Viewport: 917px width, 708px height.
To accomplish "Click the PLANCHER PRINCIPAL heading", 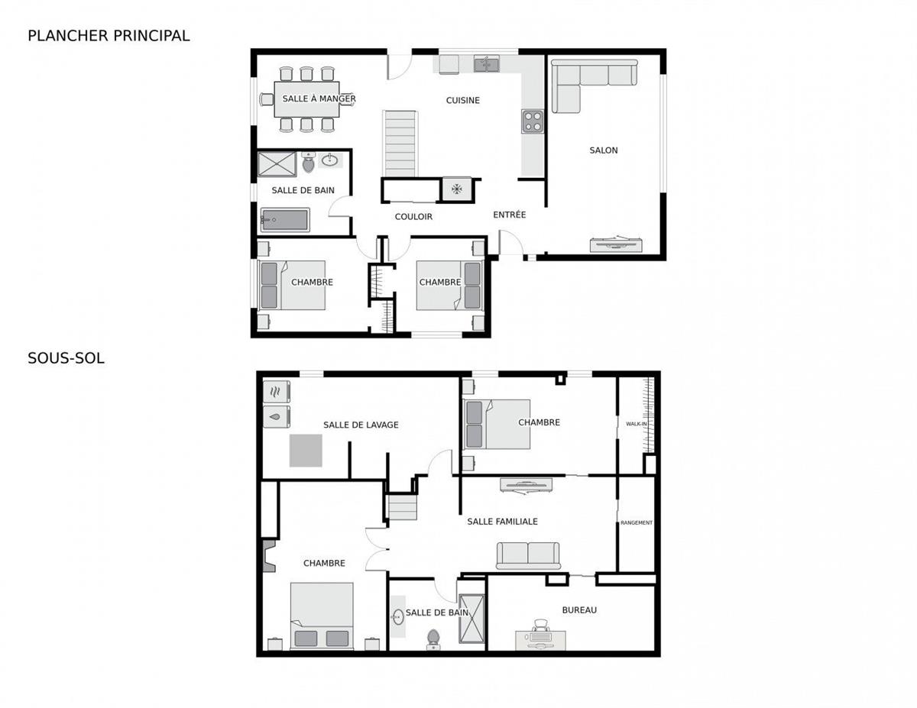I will click(109, 35).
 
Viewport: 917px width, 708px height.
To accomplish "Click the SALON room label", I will click(603, 150).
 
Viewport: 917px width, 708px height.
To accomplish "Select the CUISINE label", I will click(463, 100).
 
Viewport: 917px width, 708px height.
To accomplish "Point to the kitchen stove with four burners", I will click(533, 121).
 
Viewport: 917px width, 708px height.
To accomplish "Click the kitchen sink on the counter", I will click(486, 65).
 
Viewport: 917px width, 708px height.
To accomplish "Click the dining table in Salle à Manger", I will click(306, 99).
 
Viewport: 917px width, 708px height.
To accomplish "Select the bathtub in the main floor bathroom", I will click(284, 220).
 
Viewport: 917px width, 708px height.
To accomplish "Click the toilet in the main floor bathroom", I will click(309, 163).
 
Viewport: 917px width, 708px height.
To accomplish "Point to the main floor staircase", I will click(400, 144).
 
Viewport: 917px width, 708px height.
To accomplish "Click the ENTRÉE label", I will click(509, 215).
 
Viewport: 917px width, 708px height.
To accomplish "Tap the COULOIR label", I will click(413, 217).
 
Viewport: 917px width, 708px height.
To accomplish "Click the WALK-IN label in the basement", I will click(637, 424).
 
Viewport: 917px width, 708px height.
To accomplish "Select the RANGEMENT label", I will click(637, 523).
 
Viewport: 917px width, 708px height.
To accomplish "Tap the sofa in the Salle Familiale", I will click(528, 555).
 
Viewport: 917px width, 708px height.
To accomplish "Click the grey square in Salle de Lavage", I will click(306, 450).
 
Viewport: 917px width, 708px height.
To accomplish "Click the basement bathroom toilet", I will click(433, 638).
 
